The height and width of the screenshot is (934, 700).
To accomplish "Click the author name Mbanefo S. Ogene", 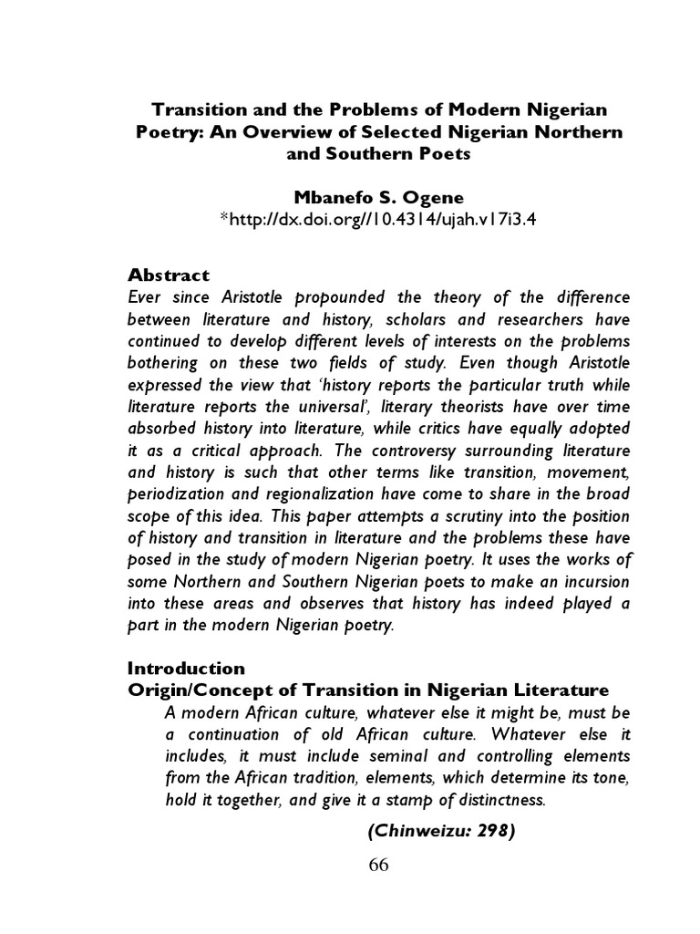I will point(378,197).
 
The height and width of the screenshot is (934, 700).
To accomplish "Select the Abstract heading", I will point(169,274).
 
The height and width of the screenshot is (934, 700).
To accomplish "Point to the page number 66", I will point(378,866).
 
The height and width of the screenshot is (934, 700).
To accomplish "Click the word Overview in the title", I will point(287,131).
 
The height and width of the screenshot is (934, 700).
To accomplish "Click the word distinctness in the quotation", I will point(497,801).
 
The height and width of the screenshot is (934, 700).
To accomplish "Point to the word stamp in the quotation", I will point(389,801).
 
